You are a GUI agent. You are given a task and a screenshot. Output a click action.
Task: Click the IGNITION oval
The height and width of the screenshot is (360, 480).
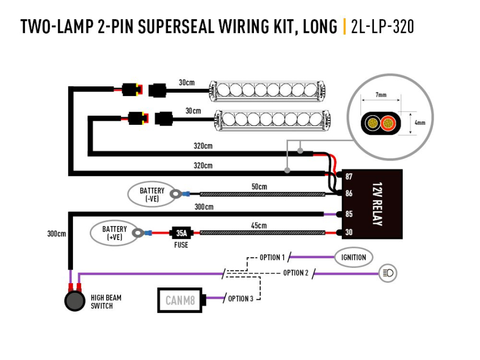point(354,257)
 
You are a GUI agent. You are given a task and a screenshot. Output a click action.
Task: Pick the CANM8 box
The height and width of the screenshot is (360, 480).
point(182,300)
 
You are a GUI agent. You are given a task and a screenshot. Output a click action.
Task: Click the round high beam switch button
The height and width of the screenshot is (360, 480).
point(75,301)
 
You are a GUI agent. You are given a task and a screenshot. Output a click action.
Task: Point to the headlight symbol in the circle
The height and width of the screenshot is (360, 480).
point(388,274)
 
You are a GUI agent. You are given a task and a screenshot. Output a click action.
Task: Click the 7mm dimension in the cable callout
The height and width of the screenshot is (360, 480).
point(380,94)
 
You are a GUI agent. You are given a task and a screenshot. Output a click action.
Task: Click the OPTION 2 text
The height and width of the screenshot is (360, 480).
point(295,273)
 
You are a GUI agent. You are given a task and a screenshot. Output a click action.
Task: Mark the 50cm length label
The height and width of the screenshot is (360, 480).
point(259,187)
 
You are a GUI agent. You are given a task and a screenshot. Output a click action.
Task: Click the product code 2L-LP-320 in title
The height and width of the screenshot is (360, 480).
point(382,26)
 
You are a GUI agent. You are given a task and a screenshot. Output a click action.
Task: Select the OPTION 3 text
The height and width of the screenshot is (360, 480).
point(241,299)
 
